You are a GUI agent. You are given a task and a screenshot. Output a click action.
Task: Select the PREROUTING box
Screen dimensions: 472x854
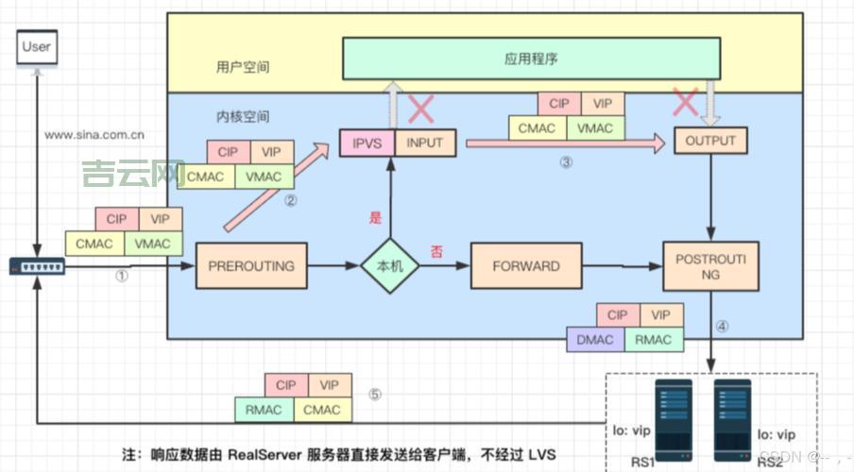pyautogui.click(x=250, y=266)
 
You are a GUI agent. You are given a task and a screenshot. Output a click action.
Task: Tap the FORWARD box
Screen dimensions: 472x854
pyautogui.click(x=525, y=266)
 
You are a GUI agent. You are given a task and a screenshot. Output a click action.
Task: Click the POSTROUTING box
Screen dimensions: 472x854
pyautogui.click(x=711, y=265)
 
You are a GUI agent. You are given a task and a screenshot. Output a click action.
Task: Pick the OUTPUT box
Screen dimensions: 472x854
pyautogui.click(x=710, y=142)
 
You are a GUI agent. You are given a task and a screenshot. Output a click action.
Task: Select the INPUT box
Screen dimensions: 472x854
pyautogui.click(x=424, y=143)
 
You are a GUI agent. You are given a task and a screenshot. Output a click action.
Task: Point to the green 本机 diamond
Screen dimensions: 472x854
pyautogui.click(x=389, y=266)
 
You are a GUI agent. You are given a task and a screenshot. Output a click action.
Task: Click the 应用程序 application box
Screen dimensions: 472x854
pyautogui.click(x=532, y=59)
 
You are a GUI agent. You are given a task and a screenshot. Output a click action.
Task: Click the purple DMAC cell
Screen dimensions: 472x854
pyautogui.click(x=594, y=340)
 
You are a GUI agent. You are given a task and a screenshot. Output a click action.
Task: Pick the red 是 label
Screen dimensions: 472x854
pyautogui.click(x=375, y=218)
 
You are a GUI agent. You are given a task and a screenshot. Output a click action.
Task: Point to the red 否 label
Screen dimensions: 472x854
pyautogui.click(x=436, y=250)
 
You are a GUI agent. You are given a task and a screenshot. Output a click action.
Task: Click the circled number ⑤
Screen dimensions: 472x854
pyautogui.click(x=375, y=396)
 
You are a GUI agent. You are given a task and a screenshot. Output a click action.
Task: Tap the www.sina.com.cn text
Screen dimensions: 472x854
pyautogui.click(x=94, y=134)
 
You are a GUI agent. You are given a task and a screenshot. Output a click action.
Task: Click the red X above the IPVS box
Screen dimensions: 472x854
pyautogui.click(x=419, y=110)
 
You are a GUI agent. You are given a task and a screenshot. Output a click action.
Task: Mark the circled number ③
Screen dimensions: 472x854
pyautogui.click(x=566, y=162)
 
